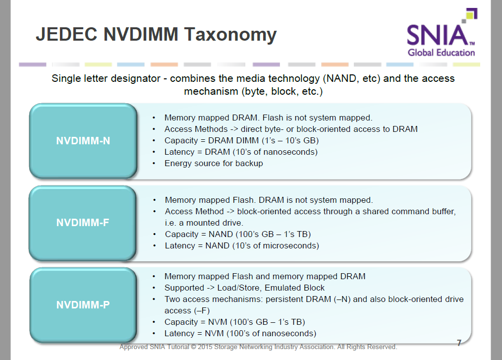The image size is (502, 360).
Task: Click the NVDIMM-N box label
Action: click(x=83, y=141)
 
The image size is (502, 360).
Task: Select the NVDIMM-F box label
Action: click(x=83, y=222)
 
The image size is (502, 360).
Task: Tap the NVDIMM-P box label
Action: click(x=83, y=304)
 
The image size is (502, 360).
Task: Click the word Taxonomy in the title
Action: click(x=230, y=35)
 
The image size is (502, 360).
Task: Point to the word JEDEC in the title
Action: click(x=66, y=34)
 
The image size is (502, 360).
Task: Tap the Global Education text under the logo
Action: click(x=441, y=53)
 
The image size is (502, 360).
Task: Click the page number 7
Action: click(x=459, y=343)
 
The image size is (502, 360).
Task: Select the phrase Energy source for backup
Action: click(x=214, y=163)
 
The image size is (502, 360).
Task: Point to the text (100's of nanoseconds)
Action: click(x=272, y=333)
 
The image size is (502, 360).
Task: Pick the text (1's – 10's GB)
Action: click(x=290, y=141)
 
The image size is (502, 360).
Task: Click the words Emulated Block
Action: click(x=294, y=288)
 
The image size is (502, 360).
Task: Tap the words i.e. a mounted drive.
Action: click(x=204, y=223)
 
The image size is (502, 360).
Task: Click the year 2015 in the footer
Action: click(x=205, y=347)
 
